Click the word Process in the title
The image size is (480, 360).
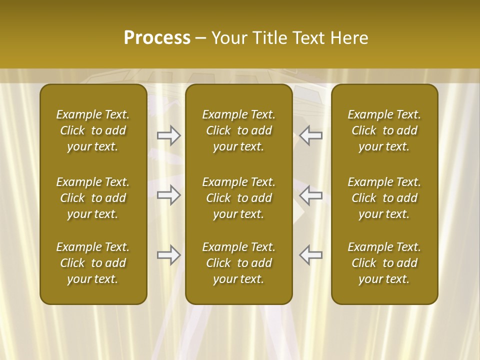coord(157,38)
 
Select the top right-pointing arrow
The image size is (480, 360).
coord(169,135)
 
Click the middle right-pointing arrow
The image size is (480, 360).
coord(169,195)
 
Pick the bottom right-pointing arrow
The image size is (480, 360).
coord(169,255)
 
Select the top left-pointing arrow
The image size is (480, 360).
coord(311,135)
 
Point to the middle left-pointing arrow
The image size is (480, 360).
coord(311,195)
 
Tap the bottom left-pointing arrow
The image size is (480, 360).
coord(311,255)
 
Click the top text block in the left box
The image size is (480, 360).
coord(93,130)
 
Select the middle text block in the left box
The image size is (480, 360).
coord(93,198)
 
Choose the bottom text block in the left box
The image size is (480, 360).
coord(93,263)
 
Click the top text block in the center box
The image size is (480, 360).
coord(238,130)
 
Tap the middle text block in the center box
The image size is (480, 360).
coord(238,198)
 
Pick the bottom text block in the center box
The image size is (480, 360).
coord(238,263)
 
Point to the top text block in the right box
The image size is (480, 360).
coord(384,130)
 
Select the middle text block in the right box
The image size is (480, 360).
coord(384,198)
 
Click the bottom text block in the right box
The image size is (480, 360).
coord(384,263)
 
